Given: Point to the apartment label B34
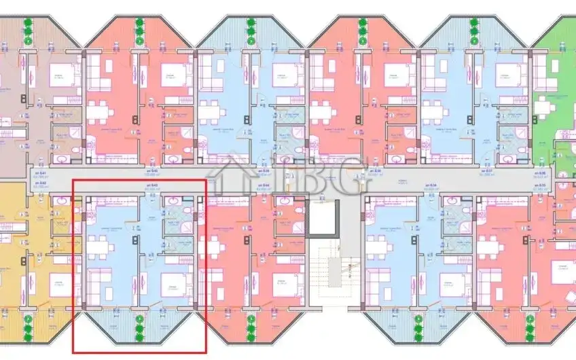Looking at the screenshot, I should click(429, 185).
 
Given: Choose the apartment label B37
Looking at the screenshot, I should click(486, 172).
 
